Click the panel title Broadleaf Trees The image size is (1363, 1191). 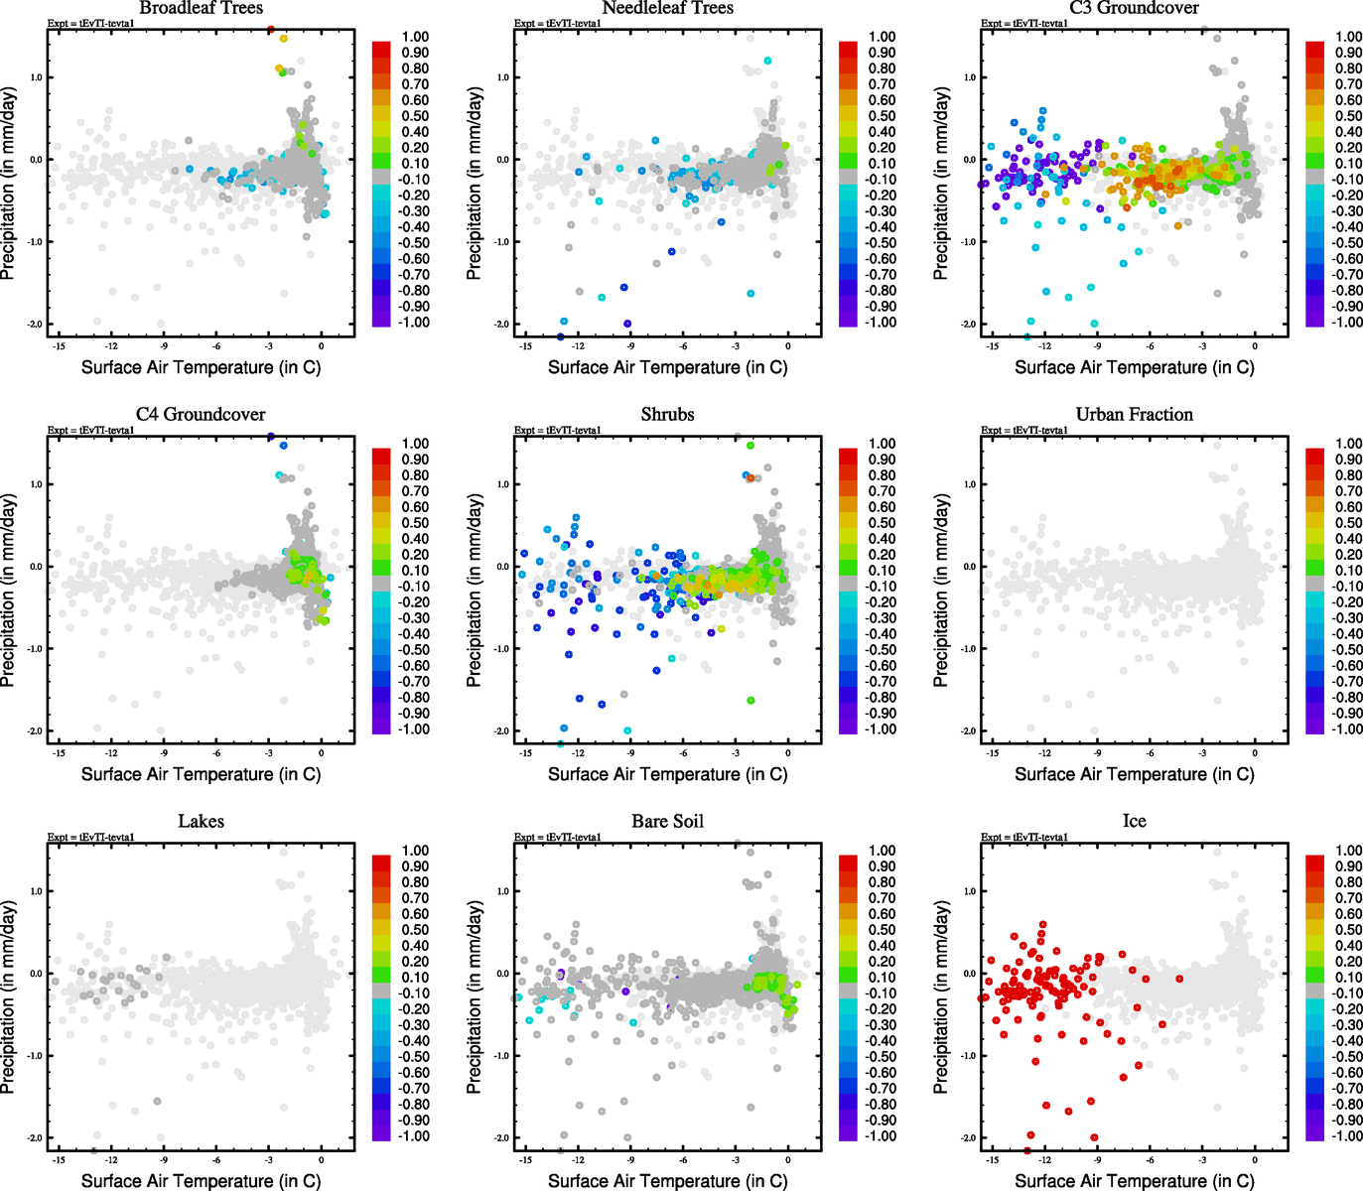201,8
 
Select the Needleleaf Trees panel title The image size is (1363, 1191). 667,8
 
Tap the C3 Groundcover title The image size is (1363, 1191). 1134,8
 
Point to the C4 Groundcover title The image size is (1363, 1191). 201,414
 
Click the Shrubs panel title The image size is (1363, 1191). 667,414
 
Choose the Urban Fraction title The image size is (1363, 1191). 1134,414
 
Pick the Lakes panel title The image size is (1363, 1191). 201,821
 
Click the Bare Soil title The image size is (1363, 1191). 667,821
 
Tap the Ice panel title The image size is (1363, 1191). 1134,821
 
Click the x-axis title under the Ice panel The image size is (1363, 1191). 1134,1180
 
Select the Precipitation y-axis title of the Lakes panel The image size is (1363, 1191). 9,997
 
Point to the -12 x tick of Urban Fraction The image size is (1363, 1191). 1044,753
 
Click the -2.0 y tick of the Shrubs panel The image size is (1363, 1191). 502,731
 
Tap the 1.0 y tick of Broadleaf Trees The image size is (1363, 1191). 36,77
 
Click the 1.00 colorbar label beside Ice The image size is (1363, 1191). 1348,851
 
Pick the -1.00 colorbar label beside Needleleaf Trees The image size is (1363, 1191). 881,323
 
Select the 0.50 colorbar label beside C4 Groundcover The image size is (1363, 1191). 415,523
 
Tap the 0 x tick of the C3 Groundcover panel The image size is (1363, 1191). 1255,346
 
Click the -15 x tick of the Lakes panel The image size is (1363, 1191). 59,1160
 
